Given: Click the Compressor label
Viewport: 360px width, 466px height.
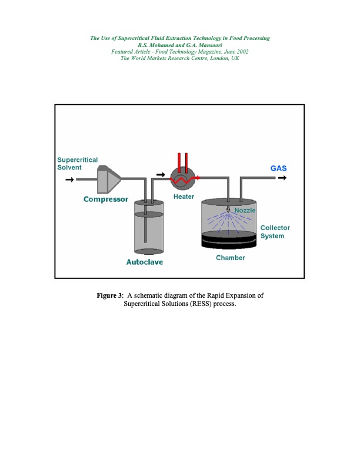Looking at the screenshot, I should coord(106,199).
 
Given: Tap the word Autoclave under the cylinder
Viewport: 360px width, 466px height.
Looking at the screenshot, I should coord(145,262).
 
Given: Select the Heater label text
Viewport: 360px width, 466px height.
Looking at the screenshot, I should coord(183,196).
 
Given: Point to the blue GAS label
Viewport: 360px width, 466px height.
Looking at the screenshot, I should coord(278,168).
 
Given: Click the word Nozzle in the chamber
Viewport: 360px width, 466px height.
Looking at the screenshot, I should coord(245,210).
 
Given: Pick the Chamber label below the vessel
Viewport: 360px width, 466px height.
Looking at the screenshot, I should coord(231,258).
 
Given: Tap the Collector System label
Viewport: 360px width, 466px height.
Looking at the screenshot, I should coord(275,232).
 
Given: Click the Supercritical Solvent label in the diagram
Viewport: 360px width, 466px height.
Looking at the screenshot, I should coord(77,164).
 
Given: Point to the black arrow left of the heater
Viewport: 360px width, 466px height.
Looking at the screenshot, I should coord(159,175).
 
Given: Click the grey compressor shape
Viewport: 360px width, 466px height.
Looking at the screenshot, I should coord(108,179).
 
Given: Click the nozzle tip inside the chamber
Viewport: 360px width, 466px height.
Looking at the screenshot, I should coord(228,210).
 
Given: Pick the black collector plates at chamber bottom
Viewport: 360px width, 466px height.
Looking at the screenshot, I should coord(229,240).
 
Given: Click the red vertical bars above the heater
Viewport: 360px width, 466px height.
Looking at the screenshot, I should coord(182,161).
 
